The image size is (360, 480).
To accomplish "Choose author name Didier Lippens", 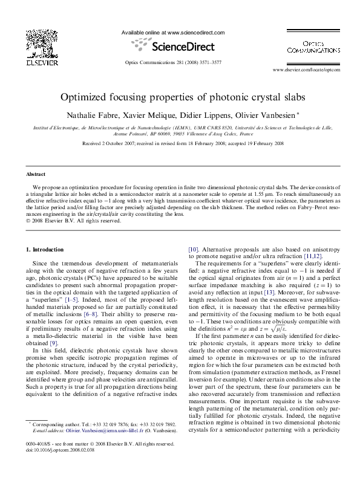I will (x=206, y=114).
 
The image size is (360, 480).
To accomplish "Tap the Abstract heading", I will (x=38, y=174).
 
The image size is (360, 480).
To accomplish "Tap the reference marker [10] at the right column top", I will (x=194, y=249).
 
